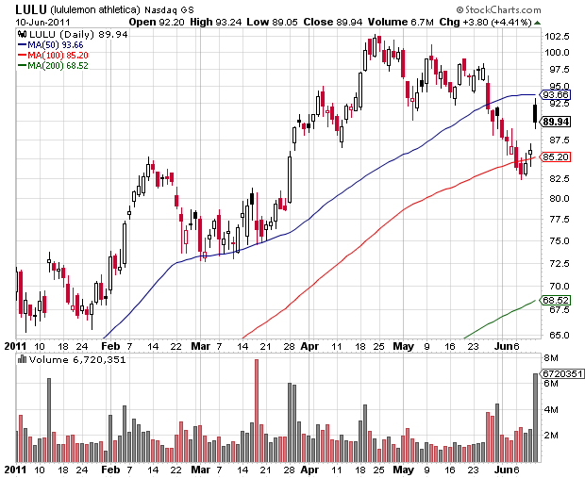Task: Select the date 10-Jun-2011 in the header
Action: tap(39, 21)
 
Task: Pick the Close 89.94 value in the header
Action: tap(328, 21)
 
